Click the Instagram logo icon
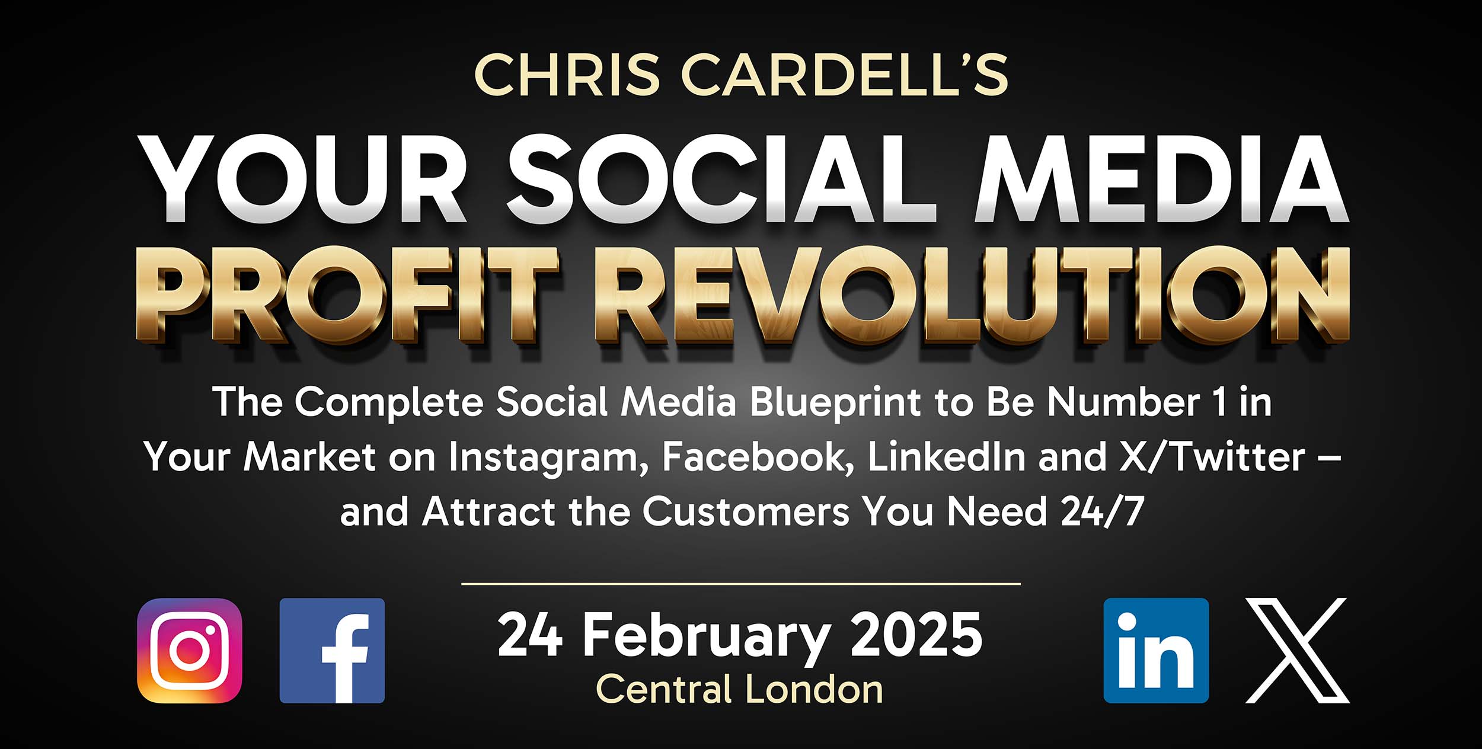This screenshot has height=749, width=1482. coord(190,651)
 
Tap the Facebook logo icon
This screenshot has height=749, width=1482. coord(332,651)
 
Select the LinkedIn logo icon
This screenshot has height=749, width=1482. coord(1156,651)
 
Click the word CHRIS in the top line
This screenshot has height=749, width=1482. coord(567,75)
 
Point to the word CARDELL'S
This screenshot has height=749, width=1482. coord(844,75)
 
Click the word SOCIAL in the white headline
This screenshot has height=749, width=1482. coord(721,179)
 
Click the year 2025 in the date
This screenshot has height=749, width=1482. coord(916,635)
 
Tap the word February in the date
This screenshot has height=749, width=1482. coord(707,639)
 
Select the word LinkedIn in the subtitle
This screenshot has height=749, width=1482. coord(947,457)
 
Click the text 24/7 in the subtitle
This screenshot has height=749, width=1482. coord(1102,511)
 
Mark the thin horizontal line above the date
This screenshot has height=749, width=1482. coord(741,584)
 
